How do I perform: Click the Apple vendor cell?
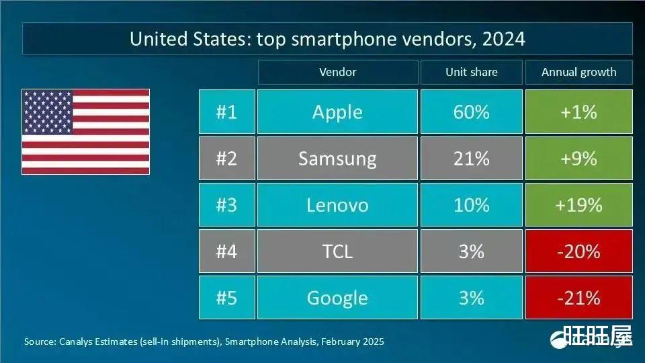tap(337, 112)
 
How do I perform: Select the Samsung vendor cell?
tap(337, 159)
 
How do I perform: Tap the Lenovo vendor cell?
tap(337, 204)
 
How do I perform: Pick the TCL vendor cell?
tap(337, 251)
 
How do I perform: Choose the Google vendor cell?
tap(337, 297)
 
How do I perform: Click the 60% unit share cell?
tap(471, 112)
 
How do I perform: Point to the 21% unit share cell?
tap(471, 159)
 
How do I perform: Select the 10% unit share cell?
tap(471, 204)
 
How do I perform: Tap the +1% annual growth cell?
tap(578, 112)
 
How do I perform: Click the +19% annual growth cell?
tap(578, 204)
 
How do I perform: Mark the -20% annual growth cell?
tap(578, 251)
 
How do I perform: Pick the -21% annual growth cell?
tap(578, 297)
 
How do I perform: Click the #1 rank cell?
tap(226, 112)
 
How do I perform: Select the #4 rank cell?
tap(226, 251)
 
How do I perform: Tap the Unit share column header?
tap(471, 72)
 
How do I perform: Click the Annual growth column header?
tap(578, 72)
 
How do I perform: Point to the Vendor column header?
tap(337, 72)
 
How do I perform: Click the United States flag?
tap(86, 132)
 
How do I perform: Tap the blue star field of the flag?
tap(48, 112)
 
